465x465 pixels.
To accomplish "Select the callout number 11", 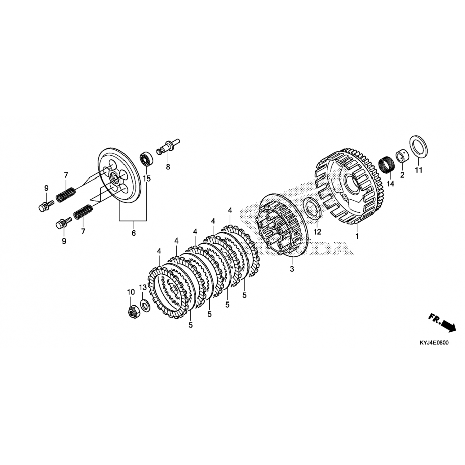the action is tap(419, 170).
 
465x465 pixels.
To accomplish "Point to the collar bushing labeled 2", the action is tap(402, 157).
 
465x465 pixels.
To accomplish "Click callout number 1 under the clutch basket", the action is tap(357, 236).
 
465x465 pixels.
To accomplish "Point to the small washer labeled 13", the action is tap(144, 306).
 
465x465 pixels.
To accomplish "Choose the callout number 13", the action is tap(143, 288).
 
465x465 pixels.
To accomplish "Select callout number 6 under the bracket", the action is tap(134, 233).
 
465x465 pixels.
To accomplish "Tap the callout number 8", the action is tap(168, 167).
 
